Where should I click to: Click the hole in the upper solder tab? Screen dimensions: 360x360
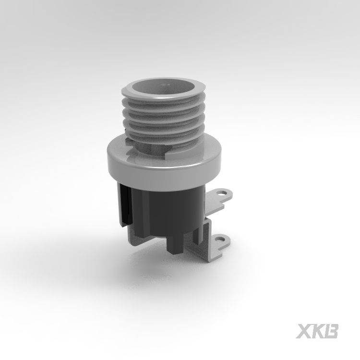pyautogui.click(x=221, y=193)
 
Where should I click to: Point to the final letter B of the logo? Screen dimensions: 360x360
pyautogui.click(x=331, y=331)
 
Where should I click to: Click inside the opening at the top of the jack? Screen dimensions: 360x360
pyautogui.click(x=163, y=88)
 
